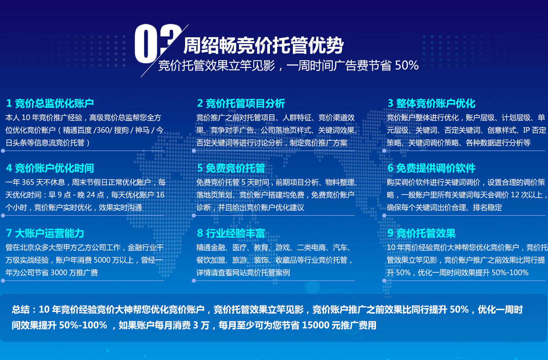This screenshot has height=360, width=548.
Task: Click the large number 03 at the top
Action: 157,44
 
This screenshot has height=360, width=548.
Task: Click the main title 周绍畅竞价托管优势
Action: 264,45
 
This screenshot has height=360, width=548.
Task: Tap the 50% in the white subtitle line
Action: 407,65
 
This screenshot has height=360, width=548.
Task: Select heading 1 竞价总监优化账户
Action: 50,103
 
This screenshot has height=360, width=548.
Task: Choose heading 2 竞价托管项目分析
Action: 241,103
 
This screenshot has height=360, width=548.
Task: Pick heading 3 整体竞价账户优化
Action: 432,103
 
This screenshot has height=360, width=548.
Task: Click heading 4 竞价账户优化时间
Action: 50,168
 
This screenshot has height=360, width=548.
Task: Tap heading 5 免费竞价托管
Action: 231,168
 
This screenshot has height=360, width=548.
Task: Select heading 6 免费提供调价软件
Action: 432,168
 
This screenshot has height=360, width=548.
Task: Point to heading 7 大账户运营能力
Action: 45,233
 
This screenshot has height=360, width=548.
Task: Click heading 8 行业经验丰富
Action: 231,233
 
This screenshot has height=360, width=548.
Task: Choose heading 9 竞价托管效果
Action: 421,233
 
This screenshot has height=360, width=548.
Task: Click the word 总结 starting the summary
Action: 21,310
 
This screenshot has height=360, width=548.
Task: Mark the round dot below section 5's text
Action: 194,216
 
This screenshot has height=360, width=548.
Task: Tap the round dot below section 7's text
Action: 3,281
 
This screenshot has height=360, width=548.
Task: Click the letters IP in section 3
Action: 526,130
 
